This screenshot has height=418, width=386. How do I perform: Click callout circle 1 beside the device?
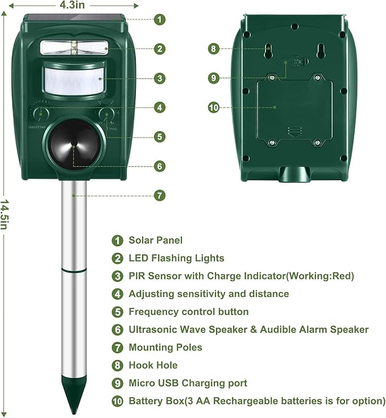160,19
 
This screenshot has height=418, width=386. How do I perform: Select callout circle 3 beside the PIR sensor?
160,78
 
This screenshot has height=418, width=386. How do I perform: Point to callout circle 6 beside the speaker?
160,166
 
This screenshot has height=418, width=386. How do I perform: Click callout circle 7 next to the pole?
160,195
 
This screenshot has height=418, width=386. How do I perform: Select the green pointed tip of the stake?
74,400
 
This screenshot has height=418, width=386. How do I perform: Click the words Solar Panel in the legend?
155,240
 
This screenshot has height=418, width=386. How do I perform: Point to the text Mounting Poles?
165,347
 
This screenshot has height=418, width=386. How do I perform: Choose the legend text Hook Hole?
153,365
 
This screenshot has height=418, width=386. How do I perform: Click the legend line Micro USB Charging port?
188,383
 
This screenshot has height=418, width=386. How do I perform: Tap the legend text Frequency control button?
188,312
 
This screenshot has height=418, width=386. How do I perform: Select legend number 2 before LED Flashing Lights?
118,258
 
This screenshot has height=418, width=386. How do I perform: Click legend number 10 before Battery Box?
118,401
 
